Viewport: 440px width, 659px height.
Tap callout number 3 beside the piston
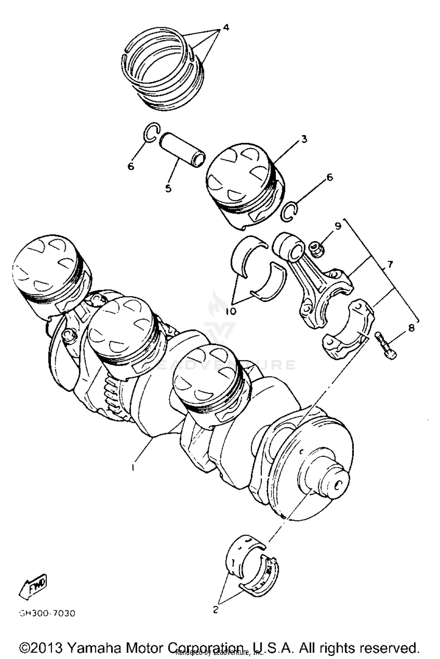(304, 139)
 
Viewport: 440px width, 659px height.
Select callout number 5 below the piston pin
(168, 188)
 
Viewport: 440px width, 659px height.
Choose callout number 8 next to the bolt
(411, 328)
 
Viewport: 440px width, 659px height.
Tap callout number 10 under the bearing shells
(231, 311)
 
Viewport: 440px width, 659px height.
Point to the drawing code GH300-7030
(47, 613)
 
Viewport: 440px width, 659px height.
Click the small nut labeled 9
(317, 249)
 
